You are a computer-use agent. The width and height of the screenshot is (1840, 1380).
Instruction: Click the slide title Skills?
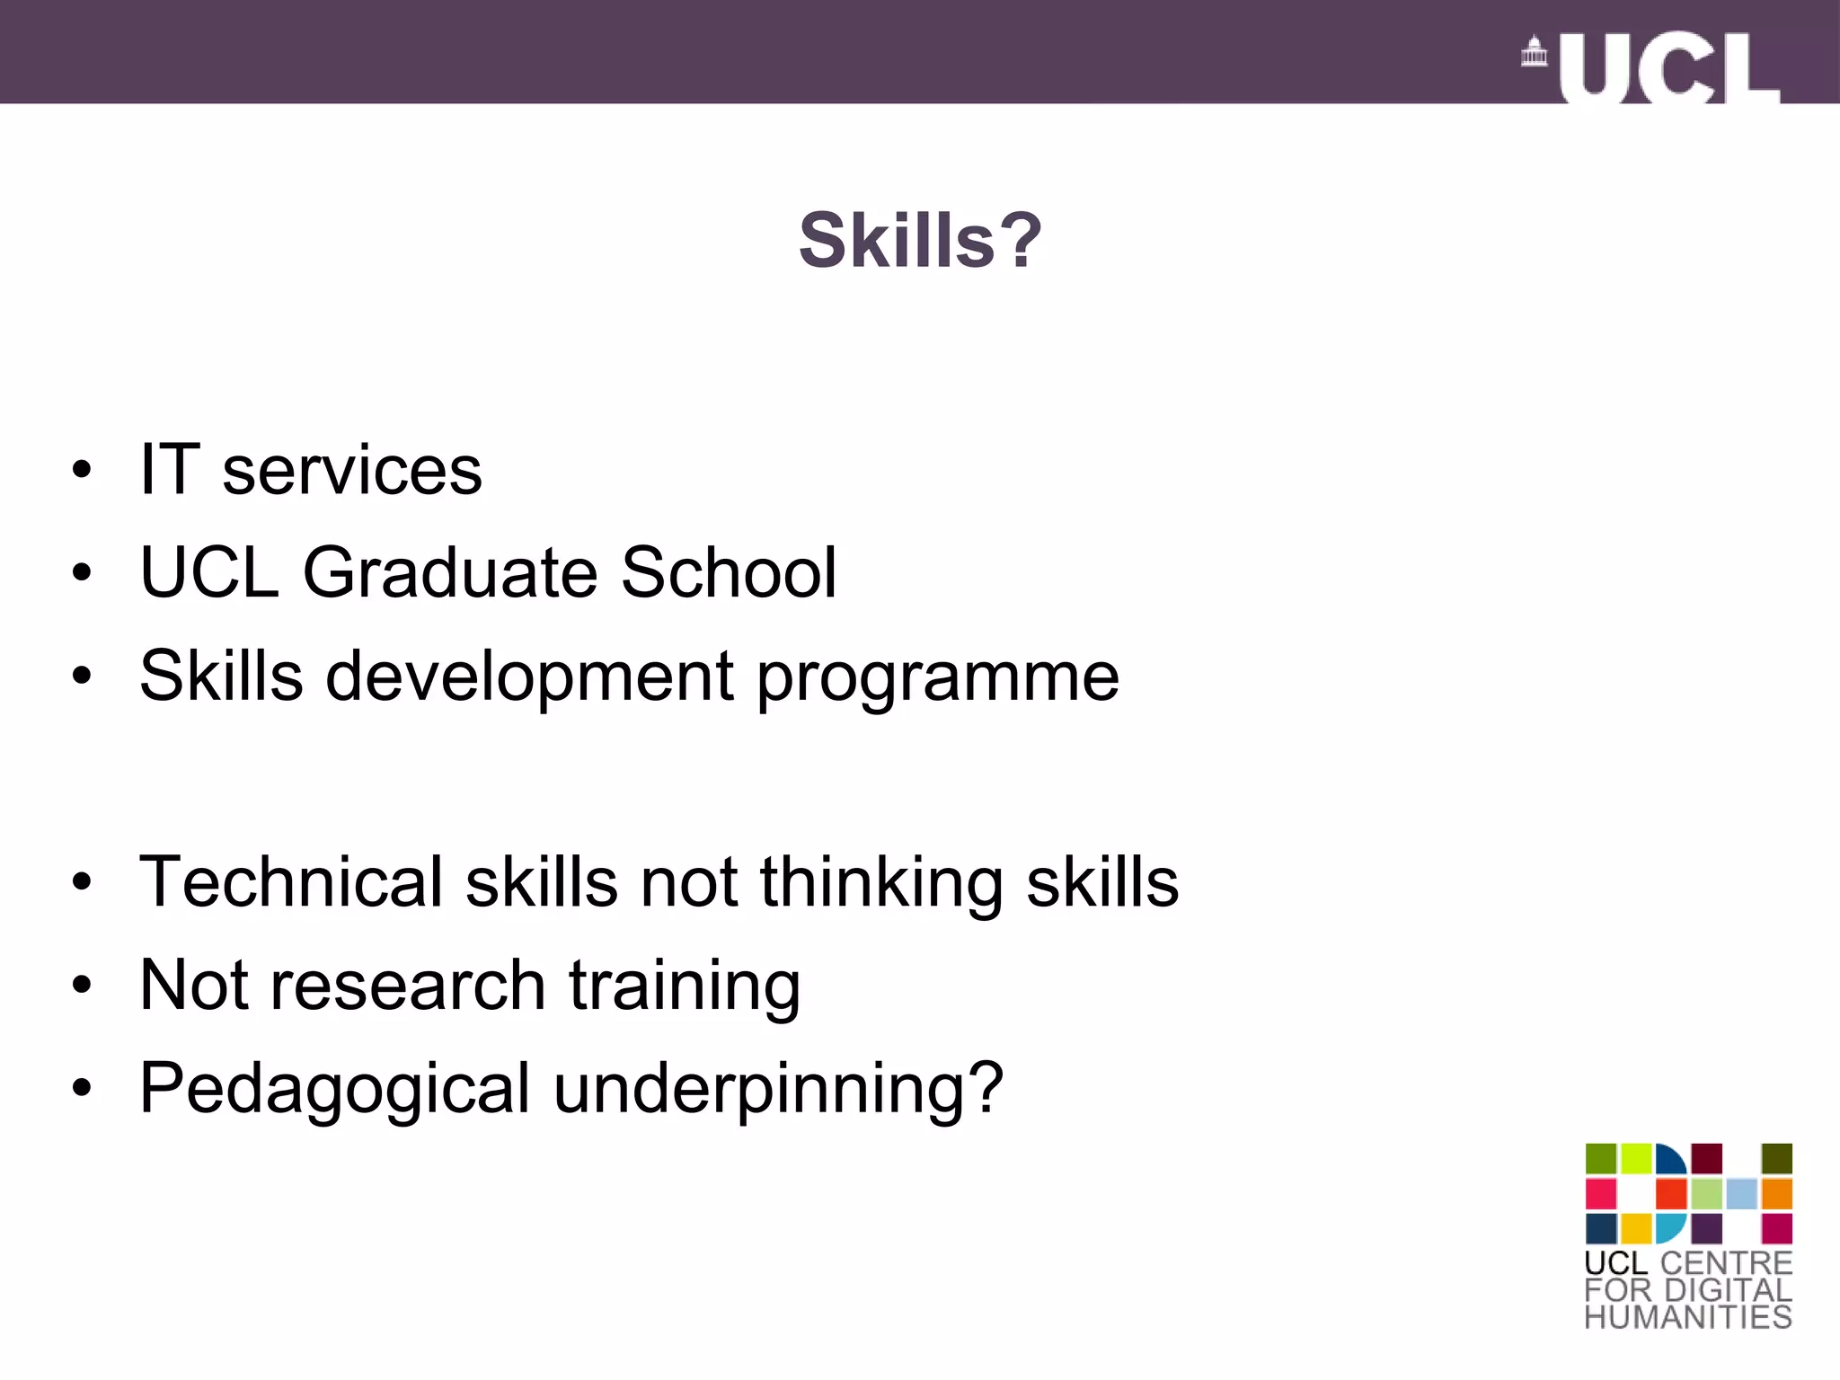tap(920, 240)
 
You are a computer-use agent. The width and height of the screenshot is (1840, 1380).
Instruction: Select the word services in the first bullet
tap(351, 471)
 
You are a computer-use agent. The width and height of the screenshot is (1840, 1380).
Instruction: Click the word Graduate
tap(450, 572)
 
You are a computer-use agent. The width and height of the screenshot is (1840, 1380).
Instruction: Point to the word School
tap(729, 572)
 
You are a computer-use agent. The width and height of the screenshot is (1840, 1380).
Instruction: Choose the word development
tap(530, 677)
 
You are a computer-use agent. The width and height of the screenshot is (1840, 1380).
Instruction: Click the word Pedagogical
tap(335, 1090)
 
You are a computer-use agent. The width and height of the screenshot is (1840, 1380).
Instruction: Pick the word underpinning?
tap(778, 1090)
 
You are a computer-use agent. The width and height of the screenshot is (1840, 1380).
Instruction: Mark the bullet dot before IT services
tap(82, 470)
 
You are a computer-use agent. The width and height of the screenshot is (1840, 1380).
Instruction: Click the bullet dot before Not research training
tap(82, 986)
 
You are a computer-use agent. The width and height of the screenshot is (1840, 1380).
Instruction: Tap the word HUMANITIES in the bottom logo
tap(1688, 1317)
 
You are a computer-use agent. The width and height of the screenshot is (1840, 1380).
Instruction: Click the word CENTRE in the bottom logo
tap(1726, 1262)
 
